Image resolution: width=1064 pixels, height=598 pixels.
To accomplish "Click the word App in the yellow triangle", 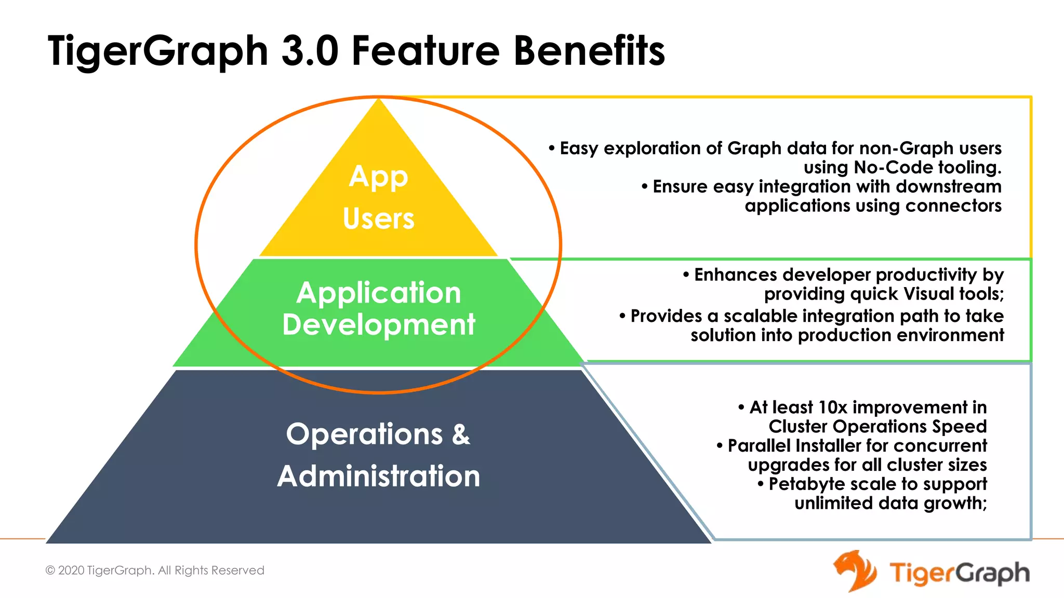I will [378, 178].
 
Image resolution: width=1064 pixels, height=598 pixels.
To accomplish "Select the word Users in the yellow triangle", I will [378, 219].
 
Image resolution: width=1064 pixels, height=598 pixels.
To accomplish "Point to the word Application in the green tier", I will [378, 293].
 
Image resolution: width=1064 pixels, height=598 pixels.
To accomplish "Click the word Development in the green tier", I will [378, 324].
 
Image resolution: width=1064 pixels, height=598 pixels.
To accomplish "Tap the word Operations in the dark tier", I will [364, 434].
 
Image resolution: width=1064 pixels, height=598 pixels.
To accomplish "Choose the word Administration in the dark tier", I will [378, 476].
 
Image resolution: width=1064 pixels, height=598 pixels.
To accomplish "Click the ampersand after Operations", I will [461, 434].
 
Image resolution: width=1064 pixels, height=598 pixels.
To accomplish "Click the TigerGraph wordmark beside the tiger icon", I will [959, 574].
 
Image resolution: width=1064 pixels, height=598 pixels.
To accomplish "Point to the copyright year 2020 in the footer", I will [71, 570].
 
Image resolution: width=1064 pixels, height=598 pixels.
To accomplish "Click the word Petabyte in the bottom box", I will [806, 484].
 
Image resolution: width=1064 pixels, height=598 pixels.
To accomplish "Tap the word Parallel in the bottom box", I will [759, 446].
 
